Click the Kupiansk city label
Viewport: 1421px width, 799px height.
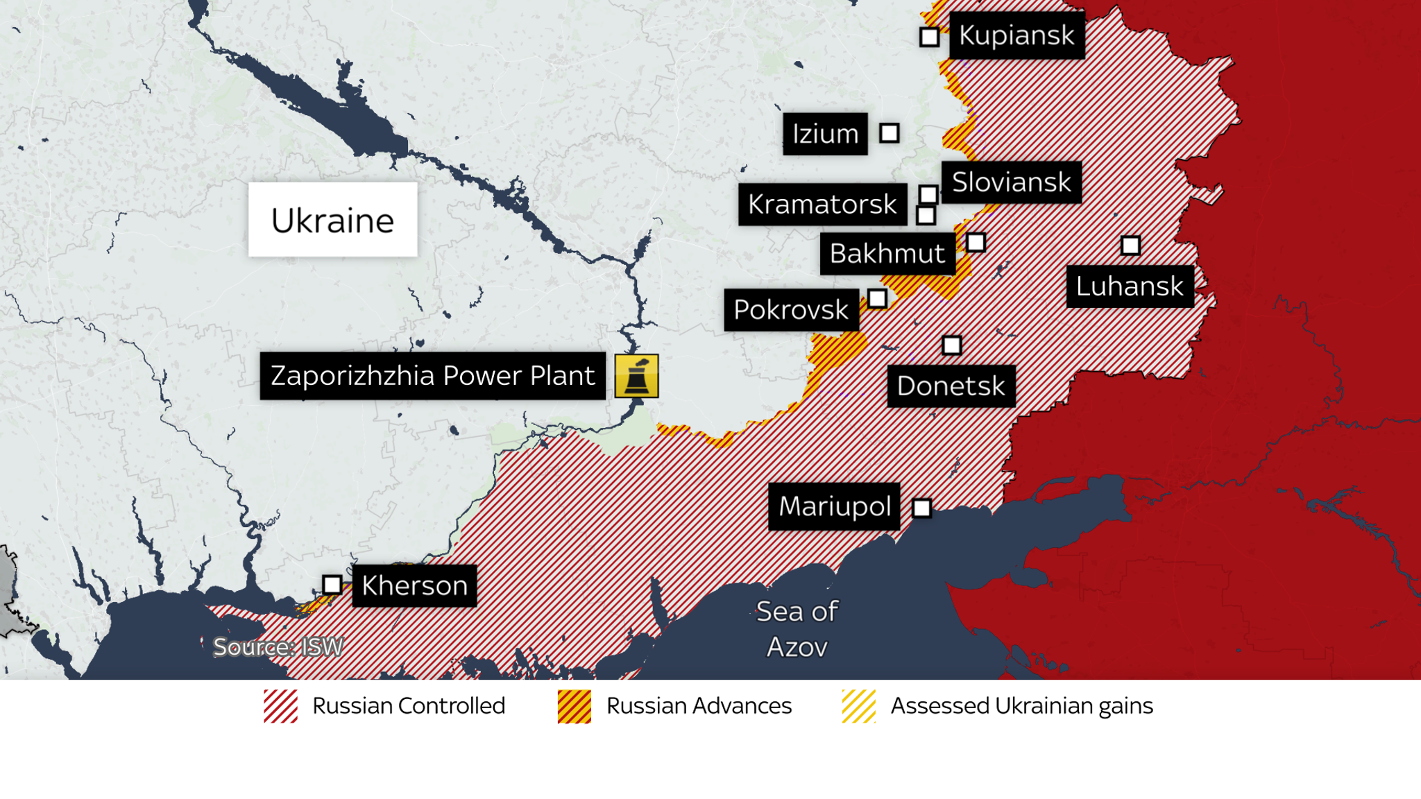[x=1016, y=35]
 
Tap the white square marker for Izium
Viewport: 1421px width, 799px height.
[x=890, y=132]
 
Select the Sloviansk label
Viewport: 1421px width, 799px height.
[x=1011, y=182]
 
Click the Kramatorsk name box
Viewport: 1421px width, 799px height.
[x=822, y=205]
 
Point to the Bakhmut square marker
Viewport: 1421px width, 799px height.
[x=976, y=242]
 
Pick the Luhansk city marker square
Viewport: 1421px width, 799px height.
[x=1130, y=245]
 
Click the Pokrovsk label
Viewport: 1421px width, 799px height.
[x=791, y=310]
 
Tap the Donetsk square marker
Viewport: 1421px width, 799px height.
[x=952, y=345]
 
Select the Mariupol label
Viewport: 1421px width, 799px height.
[x=834, y=506]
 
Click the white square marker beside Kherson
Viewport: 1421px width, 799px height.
[x=332, y=585]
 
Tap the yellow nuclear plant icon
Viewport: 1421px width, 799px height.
[x=636, y=376]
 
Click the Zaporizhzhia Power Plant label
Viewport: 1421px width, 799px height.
[x=432, y=376]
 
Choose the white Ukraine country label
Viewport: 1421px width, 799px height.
[x=333, y=220]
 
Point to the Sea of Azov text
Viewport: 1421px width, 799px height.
[x=797, y=629]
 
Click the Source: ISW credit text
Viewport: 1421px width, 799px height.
[x=278, y=647]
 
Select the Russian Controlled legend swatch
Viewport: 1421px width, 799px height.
[x=280, y=706]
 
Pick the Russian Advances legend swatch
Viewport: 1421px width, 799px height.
[x=575, y=706]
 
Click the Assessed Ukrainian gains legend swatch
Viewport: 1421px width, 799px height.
[x=858, y=706]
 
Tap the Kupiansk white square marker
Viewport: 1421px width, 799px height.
[x=929, y=37]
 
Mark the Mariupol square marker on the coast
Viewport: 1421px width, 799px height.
[x=921, y=508]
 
